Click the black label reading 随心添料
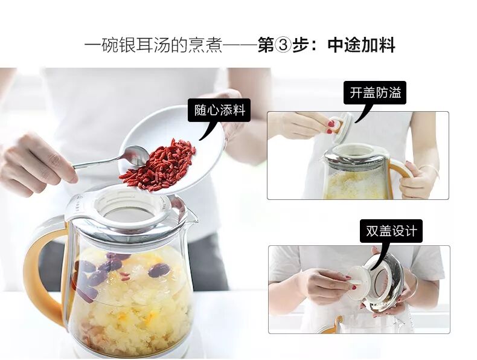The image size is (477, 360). tap(219, 110)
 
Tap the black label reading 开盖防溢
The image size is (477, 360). tap(375, 93)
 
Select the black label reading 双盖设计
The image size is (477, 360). tap(391, 231)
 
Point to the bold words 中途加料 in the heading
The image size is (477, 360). tap(362, 45)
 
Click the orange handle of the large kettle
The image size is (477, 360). tap(43, 274)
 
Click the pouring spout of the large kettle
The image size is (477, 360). tap(191, 217)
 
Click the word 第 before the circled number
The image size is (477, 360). tap(266, 45)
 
